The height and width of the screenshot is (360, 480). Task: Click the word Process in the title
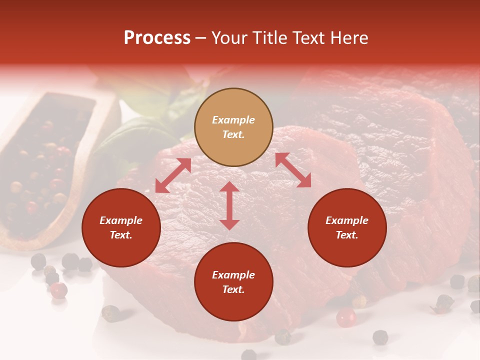coord(157,38)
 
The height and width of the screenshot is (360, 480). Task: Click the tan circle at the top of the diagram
coord(233,127)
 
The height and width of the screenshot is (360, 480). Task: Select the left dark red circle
coord(121,227)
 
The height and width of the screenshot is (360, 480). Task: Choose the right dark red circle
coord(347,227)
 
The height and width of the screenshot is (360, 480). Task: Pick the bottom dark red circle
coord(233,282)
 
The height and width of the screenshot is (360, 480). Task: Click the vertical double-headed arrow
coord(229,205)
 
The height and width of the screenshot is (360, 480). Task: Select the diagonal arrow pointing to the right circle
coord(293,170)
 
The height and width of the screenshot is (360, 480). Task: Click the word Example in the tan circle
coord(233,120)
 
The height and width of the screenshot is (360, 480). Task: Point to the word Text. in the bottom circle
coord(233,289)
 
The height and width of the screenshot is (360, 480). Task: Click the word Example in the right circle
coord(347,220)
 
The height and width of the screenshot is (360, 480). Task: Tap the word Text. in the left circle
coord(121,235)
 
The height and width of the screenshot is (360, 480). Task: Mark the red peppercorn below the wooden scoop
coord(59,290)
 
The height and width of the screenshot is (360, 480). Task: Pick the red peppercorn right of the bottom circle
coord(345,317)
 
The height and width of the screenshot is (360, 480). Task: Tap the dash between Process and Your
coord(201,38)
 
